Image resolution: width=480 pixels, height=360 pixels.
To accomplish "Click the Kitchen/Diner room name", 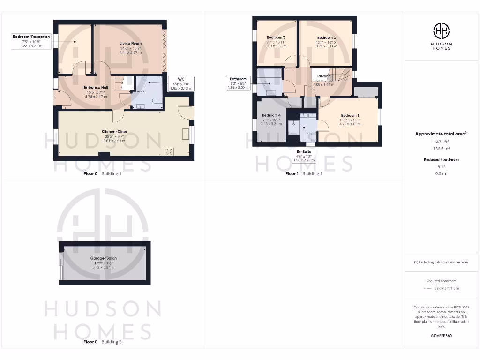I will point(114,132).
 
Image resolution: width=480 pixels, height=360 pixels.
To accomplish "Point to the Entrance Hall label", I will point(96,88).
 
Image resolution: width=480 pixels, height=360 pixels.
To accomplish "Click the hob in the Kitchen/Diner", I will point(169,151).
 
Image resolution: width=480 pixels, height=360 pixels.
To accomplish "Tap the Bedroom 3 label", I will point(276,37).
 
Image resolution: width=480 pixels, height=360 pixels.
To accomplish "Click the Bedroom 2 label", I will point(326,38).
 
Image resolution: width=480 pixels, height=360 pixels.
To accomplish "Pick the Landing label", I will point(323,76).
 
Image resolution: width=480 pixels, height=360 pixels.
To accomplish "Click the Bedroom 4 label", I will point(271,115).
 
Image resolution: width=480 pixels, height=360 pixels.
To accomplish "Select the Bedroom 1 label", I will point(350,116).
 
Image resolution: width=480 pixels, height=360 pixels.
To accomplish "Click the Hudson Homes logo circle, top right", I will point(441,31).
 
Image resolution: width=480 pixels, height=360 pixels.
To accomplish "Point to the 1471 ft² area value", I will point(441,141).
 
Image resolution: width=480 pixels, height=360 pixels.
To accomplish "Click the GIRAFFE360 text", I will point(441,336).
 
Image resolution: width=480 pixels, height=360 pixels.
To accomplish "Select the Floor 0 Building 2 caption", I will point(102,342).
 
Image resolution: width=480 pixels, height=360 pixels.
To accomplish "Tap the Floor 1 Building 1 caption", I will point(304,173).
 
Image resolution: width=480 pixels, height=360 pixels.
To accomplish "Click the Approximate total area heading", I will point(441,134).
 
